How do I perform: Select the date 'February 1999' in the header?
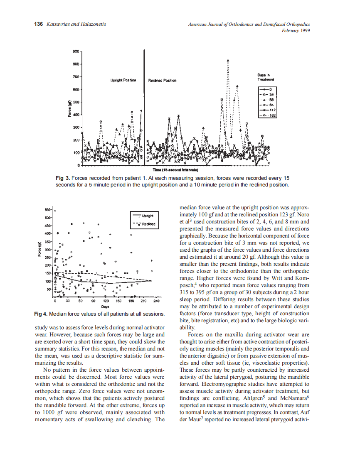point(296,30)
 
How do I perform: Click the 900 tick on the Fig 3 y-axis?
point(76,52)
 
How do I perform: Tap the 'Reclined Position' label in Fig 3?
point(162,80)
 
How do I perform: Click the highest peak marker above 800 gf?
point(228,60)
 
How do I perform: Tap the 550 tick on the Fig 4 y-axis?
point(47,210)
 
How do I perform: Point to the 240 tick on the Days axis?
point(157,300)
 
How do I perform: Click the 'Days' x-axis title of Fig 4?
point(106,306)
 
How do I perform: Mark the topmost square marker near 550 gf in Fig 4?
point(55,210)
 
